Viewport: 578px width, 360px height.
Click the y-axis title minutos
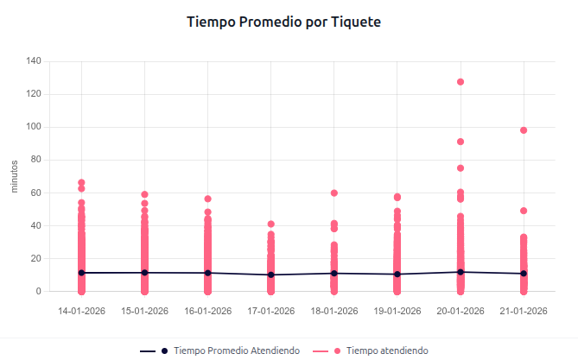[15, 176]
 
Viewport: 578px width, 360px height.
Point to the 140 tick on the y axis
[34, 61]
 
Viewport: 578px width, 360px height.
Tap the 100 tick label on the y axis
[34, 127]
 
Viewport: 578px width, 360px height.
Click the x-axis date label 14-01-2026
[81, 311]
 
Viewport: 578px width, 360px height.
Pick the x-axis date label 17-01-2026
[270, 311]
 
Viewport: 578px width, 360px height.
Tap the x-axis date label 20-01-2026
[460, 311]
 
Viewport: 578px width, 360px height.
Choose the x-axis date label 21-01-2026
[524, 311]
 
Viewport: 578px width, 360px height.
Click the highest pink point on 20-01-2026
[460, 82]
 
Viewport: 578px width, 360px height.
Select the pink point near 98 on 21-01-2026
[524, 130]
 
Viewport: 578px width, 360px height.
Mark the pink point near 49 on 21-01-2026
[524, 211]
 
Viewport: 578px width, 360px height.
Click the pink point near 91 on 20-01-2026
[460, 142]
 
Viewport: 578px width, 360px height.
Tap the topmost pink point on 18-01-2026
[334, 193]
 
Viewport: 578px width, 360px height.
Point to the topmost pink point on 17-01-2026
[270, 224]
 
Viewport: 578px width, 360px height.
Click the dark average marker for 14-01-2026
[81, 273]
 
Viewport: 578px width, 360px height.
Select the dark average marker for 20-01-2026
[460, 272]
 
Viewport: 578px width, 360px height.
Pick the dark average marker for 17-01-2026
[270, 275]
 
